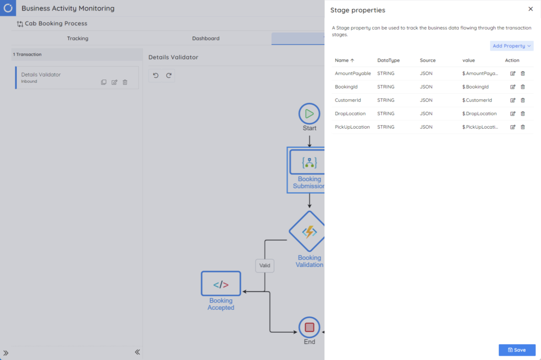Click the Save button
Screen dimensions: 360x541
click(x=517, y=350)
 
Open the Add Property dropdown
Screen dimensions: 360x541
click(x=512, y=46)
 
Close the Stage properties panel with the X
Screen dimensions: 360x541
click(x=530, y=9)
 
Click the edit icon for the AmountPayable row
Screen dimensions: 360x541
click(x=512, y=73)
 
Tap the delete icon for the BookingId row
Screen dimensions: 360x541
click(x=523, y=87)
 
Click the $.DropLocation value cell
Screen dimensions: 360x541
click(x=479, y=113)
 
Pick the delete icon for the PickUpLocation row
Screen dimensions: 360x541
click(x=523, y=127)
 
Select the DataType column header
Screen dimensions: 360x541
click(x=388, y=60)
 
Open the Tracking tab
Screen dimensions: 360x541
click(x=78, y=39)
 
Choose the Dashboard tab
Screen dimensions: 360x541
click(x=206, y=39)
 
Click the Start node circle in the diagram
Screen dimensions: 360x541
click(x=309, y=113)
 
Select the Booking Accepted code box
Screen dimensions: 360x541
click(x=221, y=284)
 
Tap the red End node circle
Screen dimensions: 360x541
click(x=309, y=327)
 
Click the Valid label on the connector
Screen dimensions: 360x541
click(x=265, y=266)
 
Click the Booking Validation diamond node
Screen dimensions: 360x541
click(x=308, y=231)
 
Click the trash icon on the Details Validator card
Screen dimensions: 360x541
click(x=125, y=82)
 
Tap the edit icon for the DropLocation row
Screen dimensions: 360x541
click(x=512, y=113)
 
